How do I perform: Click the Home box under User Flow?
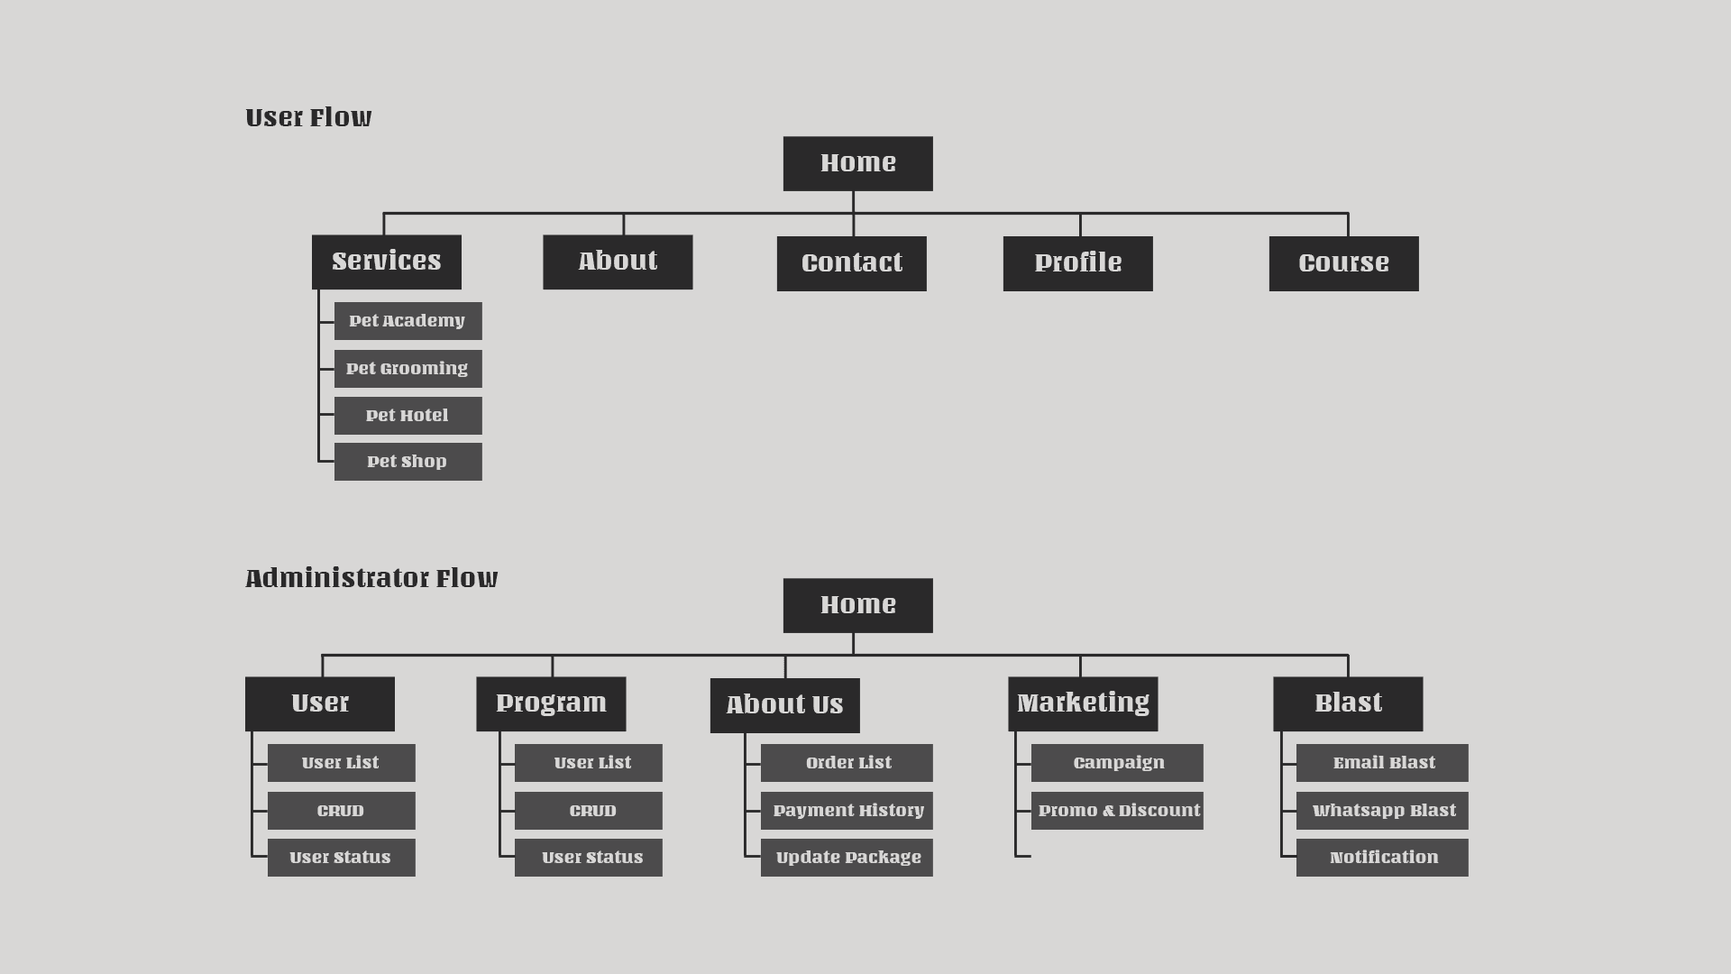coord(857,163)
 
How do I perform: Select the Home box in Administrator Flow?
coord(857,605)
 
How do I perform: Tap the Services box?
coord(386,262)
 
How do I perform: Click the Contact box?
coord(851,263)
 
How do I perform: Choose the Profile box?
coord(1077,263)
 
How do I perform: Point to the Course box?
coord(1343,263)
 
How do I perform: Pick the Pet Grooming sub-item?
coord(408,369)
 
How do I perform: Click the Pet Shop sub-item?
coord(408,462)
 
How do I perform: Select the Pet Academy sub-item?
coord(408,321)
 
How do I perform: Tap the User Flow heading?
coord(308,117)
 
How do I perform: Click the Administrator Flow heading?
coord(371,578)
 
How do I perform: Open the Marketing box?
coord(1083,703)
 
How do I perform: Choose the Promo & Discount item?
coord(1117,811)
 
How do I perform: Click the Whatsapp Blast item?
coord(1382,811)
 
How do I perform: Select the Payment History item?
coord(847,811)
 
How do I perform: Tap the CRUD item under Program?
coord(588,811)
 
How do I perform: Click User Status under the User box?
coord(341,858)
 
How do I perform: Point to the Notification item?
coord(1382,858)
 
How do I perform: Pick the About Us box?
coord(784,705)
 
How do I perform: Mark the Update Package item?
coord(847,858)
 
